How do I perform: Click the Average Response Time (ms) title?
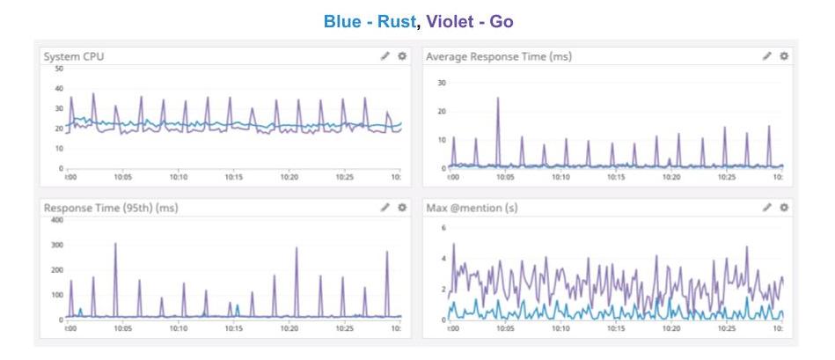coord(499,56)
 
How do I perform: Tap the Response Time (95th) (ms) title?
coord(109,208)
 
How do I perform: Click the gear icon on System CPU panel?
coord(402,56)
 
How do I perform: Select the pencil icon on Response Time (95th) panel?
coord(385,208)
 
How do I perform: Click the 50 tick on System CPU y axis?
coord(58,69)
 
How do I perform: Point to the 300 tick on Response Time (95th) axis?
coord(55,245)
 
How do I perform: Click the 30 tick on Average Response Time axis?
coord(443,83)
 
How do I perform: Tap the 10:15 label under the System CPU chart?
coord(234,177)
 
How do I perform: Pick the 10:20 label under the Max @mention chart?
coord(671,328)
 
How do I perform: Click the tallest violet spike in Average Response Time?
coord(498,99)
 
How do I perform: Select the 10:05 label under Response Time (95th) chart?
coord(122,328)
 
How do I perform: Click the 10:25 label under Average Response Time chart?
coord(726,177)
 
